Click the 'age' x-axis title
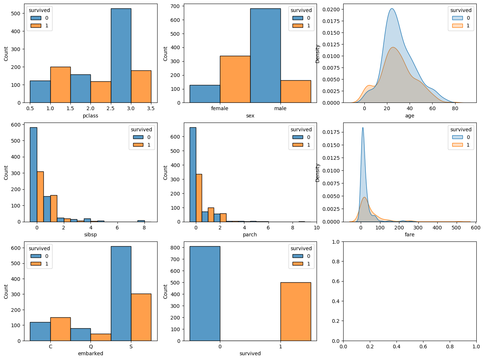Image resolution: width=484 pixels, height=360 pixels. (x=410, y=116)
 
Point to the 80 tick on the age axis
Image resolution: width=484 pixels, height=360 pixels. (x=455, y=108)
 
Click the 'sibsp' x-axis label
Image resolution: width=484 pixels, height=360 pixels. (x=90, y=235)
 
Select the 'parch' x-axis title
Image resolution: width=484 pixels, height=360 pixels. (x=250, y=235)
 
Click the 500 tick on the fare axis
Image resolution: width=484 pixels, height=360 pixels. (x=456, y=227)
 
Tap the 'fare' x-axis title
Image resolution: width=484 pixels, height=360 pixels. (x=410, y=235)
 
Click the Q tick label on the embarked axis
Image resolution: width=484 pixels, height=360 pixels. (x=91, y=347)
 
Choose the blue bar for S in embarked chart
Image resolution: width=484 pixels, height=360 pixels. (x=121, y=293)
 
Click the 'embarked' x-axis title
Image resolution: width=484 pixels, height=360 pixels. (x=90, y=353)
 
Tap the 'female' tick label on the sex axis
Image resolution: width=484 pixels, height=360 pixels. (x=220, y=108)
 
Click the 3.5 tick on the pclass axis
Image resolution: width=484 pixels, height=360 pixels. (x=151, y=108)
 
